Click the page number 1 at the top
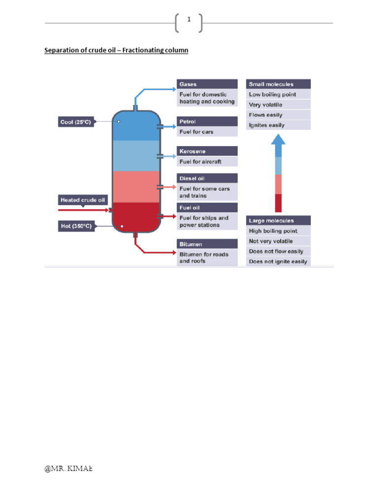[189, 20]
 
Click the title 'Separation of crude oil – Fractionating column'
[116, 50]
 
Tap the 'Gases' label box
[207, 84]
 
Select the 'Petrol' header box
[207, 121]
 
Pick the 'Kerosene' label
[207, 151]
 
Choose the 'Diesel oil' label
[207, 178]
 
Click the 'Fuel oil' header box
[207, 207]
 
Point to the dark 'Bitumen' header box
[207, 244]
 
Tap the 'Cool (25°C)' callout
[76, 122]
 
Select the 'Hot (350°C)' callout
[76, 226]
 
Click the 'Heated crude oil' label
[82, 200]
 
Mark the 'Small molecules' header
[278, 84]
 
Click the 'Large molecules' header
[278, 220]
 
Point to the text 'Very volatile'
[266, 105]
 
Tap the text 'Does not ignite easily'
[278, 261]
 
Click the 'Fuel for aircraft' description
[201, 161]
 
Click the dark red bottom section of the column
[136, 217]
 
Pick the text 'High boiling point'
[273, 231]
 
